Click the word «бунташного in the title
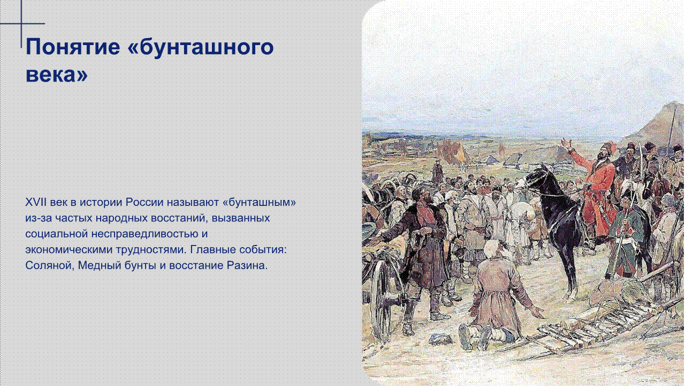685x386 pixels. click(x=200, y=47)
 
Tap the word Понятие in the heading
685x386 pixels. click(x=73, y=47)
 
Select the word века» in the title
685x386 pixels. click(x=57, y=74)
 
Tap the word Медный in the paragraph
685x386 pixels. click(x=100, y=265)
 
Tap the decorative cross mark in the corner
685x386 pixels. click(x=21, y=24)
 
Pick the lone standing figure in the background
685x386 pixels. click(x=437, y=172)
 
